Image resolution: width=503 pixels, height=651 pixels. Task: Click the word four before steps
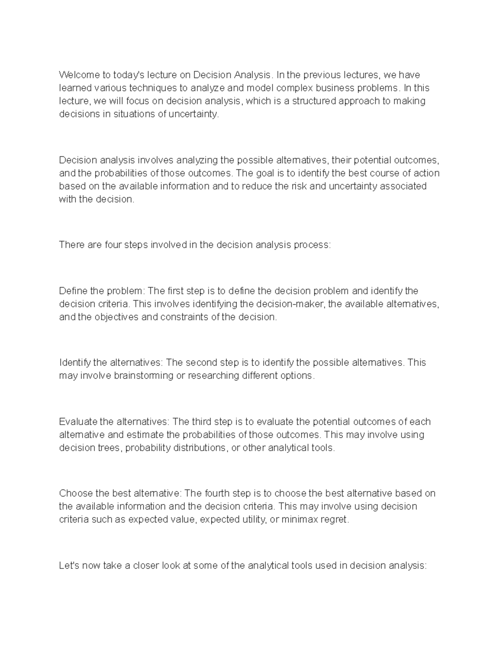click(x=110, y=245)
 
